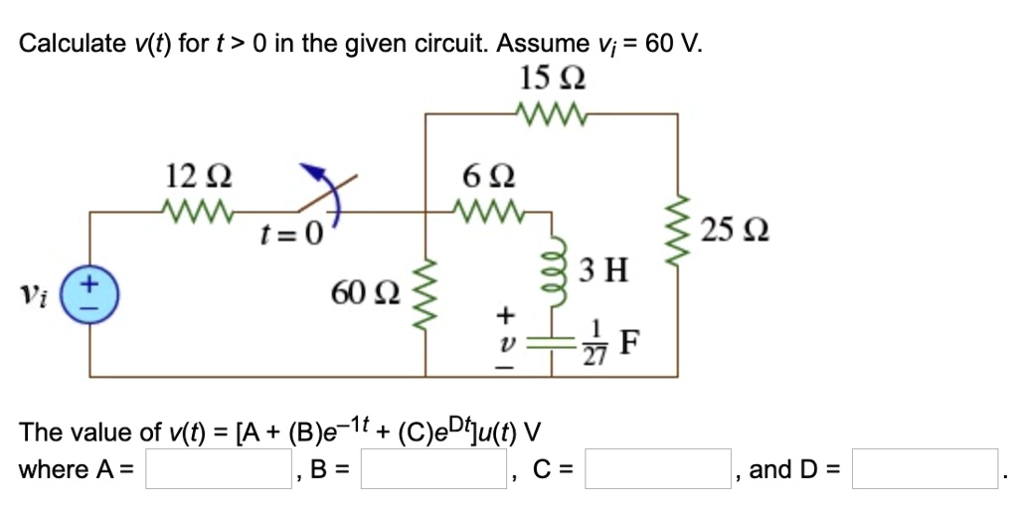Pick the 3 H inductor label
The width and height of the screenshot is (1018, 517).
click(x=605, y=268)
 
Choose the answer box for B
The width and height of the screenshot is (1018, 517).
click(x=434, y=469)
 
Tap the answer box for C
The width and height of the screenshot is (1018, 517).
click(x=657, y=469)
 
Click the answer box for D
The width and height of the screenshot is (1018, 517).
click(x=925, y=469)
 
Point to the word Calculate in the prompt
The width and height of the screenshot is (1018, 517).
click(x=75, y=44)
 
